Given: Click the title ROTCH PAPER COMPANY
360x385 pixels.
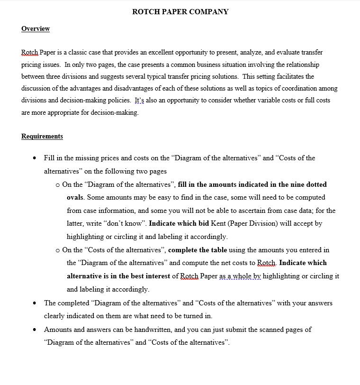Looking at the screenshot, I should [180, 12].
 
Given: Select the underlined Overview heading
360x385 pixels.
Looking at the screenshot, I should [36, 29].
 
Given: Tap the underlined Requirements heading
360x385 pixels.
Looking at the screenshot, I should [42, 137].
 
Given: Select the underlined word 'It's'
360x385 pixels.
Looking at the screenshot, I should [139, 101].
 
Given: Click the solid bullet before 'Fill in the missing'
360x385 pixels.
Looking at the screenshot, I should [35, 158].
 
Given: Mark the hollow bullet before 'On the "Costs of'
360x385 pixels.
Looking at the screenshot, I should [58, 250].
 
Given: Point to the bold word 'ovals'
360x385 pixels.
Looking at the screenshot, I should [75, 197].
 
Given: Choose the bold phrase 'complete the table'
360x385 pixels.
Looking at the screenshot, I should [198, 250].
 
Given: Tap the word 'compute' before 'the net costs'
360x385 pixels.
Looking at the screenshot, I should [202, 263].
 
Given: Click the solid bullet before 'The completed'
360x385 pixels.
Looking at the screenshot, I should [35, 303].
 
